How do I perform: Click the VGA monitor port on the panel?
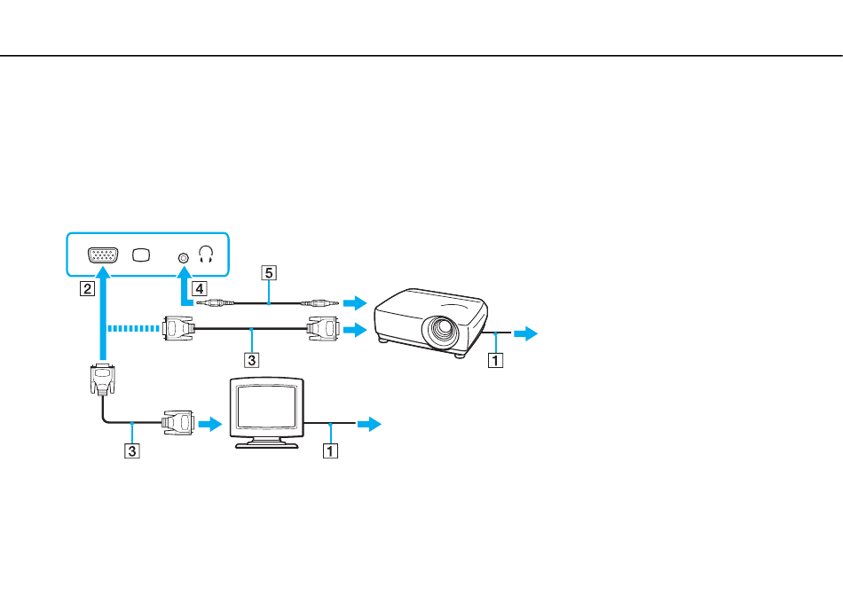pos(103,255)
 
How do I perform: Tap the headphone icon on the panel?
pos(206,254)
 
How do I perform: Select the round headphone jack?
pos(184,258)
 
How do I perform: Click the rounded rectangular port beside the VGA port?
pos(141,255)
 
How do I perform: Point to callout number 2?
pos(87,288)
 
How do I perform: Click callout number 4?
pos(200,288)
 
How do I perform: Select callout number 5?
pos(268,273)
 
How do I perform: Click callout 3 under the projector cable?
pos(251,359)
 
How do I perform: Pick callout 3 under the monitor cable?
pos(131,450)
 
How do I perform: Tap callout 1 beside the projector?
pos(495,360)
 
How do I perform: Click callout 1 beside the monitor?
pos(330,450)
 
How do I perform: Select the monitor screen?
pos(267,406)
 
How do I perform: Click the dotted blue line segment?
pos(134,328)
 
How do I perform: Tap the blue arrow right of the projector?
pos(525,333)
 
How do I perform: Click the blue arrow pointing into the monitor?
pos(209,424)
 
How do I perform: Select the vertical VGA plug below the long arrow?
pos(103,380)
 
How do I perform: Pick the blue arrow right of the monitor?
pos(369,424)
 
